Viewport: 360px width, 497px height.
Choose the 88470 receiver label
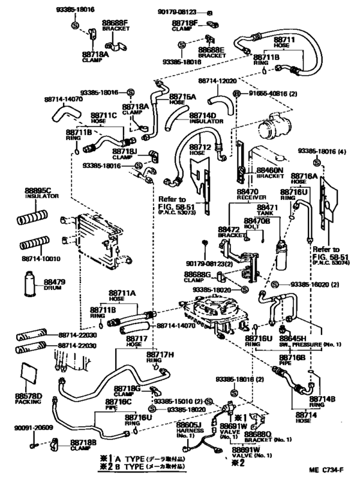pos(248,192)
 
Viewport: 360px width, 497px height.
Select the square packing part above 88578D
pos(28,374)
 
